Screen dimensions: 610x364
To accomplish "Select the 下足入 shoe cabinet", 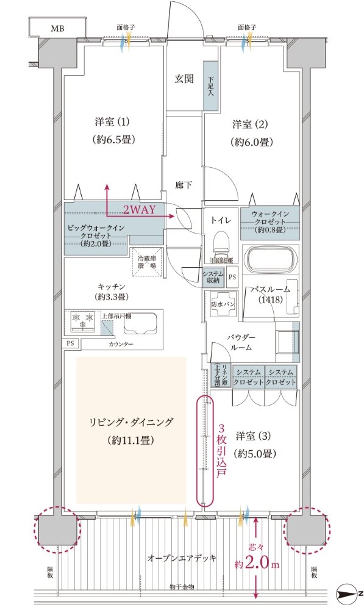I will click(210, 86).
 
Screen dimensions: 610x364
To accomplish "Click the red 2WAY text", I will click(140, 209).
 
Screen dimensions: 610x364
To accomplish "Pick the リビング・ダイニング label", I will click(131, 422).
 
